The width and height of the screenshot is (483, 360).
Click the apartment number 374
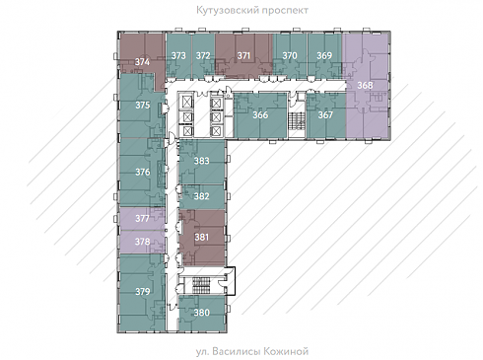click(142, 62)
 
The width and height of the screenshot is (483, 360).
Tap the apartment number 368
click(365, 85)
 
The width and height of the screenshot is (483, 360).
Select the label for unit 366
click(260, 115)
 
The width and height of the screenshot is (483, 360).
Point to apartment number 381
click(201, 237)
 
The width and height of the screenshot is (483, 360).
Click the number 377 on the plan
click(142, 218)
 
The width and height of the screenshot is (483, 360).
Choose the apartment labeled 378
click(142, 242)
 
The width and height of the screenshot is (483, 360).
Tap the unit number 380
click(201, 313)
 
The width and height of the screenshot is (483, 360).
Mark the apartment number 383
click(201, 161)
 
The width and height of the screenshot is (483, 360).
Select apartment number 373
click(178, 55)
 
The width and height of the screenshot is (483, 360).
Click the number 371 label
click(243, 55)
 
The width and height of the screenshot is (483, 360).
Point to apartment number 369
click(324, 55)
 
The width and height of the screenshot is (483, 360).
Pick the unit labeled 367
click(325, 115)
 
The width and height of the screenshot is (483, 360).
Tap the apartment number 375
click(143, 105)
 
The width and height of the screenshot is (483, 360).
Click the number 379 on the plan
click(143, 292)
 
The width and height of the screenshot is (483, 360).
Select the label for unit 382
click(201, 196)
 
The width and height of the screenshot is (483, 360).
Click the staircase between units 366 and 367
click(298, 121)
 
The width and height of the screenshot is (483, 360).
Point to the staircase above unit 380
click(202, 286)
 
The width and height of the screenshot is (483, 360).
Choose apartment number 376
click(143, 172)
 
